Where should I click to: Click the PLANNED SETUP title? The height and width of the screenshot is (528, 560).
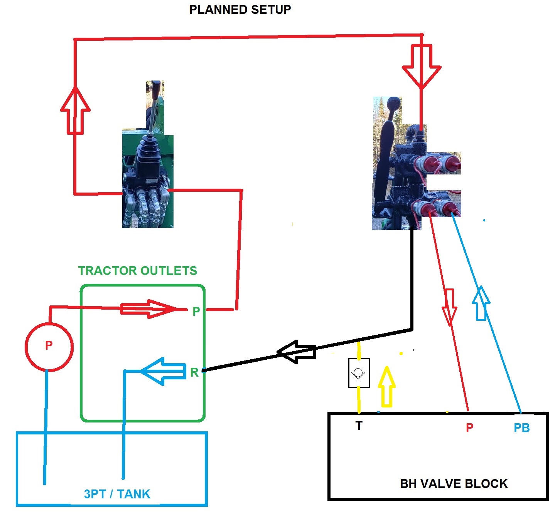(240, 10)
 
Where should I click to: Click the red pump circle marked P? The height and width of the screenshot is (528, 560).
(49, 347)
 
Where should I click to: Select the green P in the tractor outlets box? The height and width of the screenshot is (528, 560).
(196, 311)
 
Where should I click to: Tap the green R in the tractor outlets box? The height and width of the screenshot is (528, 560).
(194, 372)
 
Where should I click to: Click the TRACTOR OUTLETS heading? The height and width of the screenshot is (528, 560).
(138, 271)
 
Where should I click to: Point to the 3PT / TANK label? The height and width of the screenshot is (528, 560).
(117, 494)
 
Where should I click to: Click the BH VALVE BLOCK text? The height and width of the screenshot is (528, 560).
(454, 484)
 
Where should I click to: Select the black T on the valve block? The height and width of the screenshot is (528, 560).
(359, 426)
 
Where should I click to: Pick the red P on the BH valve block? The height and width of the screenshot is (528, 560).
(469, 427)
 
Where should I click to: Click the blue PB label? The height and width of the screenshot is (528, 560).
(521, 428)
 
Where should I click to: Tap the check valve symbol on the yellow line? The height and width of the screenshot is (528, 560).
(359, 373)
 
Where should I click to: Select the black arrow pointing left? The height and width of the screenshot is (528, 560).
(297, 352)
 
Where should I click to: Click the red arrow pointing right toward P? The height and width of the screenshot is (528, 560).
(148, 309)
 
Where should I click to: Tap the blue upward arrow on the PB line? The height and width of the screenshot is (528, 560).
(481, 303)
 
